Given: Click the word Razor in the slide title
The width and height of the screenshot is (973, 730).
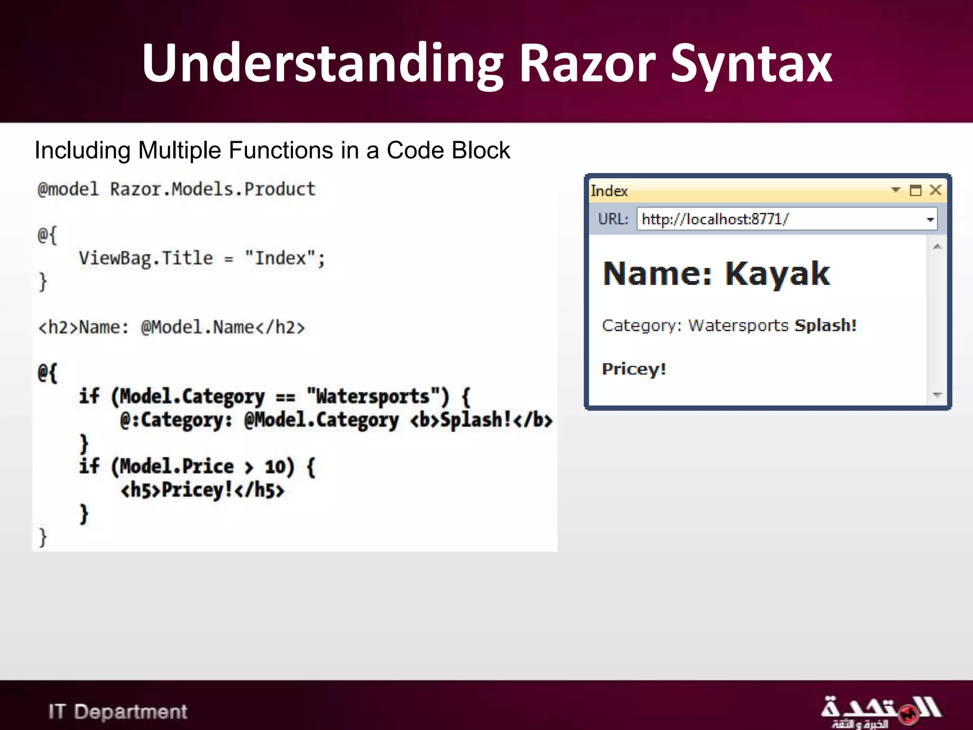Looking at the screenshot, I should tap(587, 64).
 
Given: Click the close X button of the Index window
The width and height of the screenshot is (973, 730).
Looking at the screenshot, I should tap(935, 190).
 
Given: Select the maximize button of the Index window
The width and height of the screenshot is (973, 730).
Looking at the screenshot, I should tap(916, 191).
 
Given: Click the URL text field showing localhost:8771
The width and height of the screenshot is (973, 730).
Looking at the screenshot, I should tap(779, 219).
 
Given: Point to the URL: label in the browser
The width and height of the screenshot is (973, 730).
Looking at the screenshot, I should tap(613, 219).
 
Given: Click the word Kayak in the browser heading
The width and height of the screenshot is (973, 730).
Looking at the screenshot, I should tap(777, 274).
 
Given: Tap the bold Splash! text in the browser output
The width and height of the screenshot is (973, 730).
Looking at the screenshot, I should tap(826, 326).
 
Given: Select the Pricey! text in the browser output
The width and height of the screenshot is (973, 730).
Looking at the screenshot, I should tap(634, 369).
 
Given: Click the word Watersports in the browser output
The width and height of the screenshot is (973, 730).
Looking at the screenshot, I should tap(738, 326).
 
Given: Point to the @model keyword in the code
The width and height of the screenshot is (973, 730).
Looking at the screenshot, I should tap(68, 189).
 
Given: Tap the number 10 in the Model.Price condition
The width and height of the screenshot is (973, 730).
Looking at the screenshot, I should tap(275, 467).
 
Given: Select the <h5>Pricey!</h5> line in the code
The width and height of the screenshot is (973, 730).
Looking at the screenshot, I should tap(202, 490).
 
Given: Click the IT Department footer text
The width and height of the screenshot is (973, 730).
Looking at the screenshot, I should tap(118, 711).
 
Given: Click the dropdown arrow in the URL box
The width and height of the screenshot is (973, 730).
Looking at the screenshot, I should tap(930, 220).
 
